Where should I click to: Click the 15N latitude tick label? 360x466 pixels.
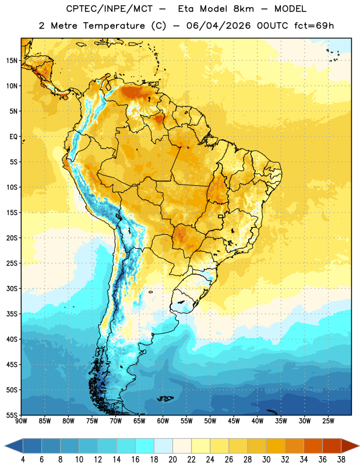[12, 61]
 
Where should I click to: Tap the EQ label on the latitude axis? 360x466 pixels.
[13, 137]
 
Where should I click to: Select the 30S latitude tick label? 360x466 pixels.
[12, 288]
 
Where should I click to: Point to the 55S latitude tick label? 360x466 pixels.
[12, 415]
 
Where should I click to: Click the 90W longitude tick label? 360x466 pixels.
[21, 421]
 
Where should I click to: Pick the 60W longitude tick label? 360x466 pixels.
[163, 421]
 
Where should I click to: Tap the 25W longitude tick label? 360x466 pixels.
[328, 421]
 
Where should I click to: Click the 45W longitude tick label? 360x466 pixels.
[234, 421]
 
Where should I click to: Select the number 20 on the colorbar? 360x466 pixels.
[172, 460]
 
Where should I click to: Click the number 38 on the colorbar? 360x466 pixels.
[341, 460]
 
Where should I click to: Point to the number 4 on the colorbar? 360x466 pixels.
[23, 460]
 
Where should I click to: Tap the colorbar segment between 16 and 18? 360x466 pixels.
[145, 446]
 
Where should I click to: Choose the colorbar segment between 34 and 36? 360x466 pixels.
[313, 446]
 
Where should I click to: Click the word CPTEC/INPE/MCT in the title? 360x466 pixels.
[110, 9]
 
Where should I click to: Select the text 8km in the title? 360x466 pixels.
[243, 9]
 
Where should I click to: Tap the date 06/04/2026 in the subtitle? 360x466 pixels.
[218, 26]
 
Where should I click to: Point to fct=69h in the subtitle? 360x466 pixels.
[314, 26]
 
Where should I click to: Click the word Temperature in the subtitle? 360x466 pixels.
[114, 26]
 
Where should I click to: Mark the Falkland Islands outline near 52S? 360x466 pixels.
[165, 398]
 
